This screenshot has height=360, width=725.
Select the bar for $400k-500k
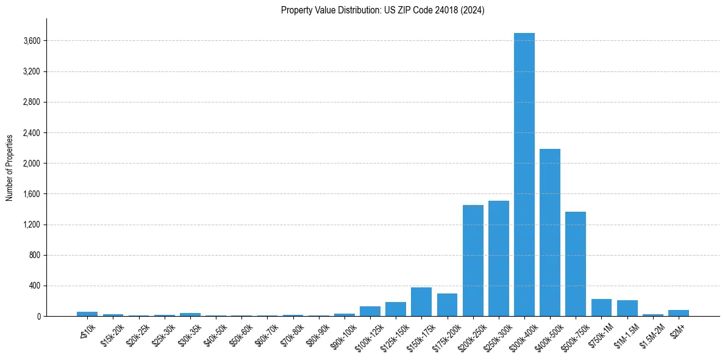[x=550, y=232]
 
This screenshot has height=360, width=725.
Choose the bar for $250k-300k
[x=499, y=258]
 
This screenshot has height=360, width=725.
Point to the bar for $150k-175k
[x=421, y=302]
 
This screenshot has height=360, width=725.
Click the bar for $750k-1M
[x=601, y=308]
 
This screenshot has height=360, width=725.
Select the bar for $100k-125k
[x=370, y=311]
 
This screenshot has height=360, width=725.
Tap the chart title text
[x=383, y=10]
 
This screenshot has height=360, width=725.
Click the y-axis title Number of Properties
[x=10, y=167]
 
